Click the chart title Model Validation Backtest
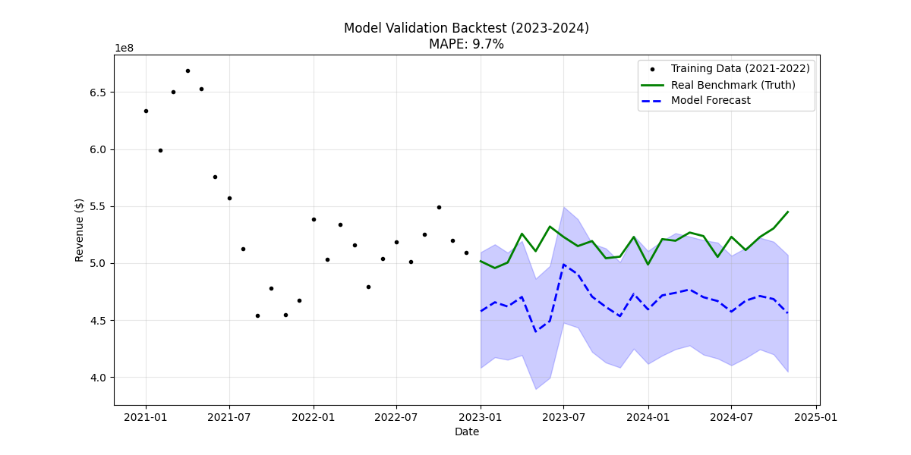pos(466,28)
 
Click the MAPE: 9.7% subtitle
pos(466,45)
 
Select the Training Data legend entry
pos(739,69)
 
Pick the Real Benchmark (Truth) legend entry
pos(733,85)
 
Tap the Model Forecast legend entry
pos(711,101)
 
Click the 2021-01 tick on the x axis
pos(146,417)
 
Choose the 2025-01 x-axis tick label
pos(816,417)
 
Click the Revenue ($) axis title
pos(80,230)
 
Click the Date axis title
pos(466,432)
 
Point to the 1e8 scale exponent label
pos(125,49)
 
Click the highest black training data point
pos(188,71)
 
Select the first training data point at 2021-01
pos(146,111)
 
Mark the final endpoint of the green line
pos(788,212)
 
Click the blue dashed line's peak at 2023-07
pos(563,265)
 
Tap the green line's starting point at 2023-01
pos(481,261)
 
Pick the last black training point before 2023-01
pos(466,253)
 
